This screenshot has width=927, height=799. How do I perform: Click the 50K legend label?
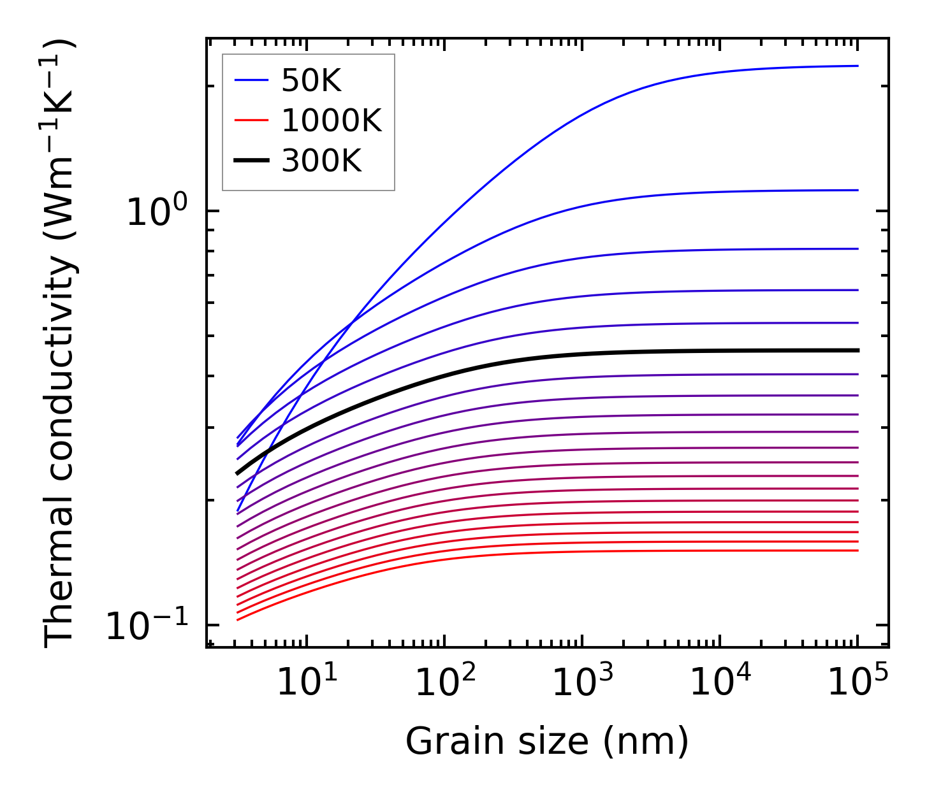[311, 81]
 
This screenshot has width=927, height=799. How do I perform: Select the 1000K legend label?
[331, 121]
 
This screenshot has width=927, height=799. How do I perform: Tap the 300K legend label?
[321, 161]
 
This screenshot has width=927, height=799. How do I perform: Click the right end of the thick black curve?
[858, 350]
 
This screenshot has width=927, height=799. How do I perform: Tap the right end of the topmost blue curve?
[858, 66]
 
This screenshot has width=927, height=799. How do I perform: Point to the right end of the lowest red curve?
[858, 551]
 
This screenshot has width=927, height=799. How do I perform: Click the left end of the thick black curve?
[237, 473]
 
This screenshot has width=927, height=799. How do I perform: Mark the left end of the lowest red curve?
[237, 619]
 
